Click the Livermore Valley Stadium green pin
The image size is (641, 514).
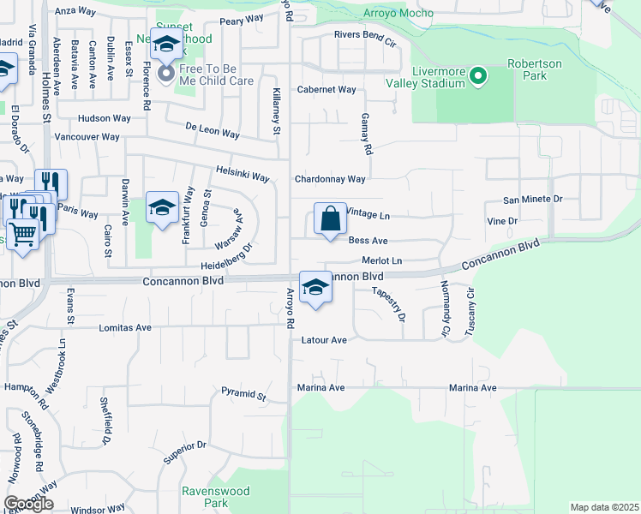(478, 78)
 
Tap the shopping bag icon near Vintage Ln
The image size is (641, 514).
(330, 219)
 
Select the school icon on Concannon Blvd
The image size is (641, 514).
(315, 288)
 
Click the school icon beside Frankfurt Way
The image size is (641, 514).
(162, 208)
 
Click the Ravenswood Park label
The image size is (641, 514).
(205, 497)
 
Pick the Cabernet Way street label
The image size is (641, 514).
(326, 89)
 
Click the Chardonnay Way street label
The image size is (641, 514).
(330, 179)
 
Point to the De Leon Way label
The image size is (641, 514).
(213, 133)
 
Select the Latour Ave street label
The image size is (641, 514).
(324, 340)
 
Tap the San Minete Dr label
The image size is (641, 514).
(532, 199)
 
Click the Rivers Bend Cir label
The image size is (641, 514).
(365, 40)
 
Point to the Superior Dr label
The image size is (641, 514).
(185, 451)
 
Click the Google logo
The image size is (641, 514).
(28, 504)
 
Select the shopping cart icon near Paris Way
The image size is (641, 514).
(23, 231)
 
